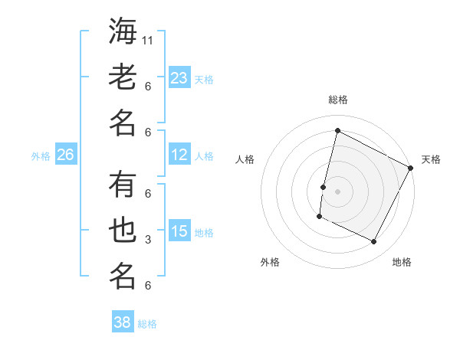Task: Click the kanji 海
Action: [x=123, y=32]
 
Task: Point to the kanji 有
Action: [x=123, y=185]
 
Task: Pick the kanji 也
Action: [x=123, y=230]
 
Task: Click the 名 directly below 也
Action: [x=123, y=275]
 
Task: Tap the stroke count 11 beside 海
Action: [x=149, y=40]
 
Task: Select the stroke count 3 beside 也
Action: [x=148, y=240]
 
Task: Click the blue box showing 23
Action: [x=179, y=78]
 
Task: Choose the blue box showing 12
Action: [x=179, y=155]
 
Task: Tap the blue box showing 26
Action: [x=65, y=155]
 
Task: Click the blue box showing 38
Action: [x=123, y=322]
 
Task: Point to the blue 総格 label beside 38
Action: [x=147, y=324]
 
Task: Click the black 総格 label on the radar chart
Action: [x=337, y=100]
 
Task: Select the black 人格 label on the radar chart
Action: [x=245, y=159]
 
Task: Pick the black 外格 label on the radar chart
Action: [x=270, y=262]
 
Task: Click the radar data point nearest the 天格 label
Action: [x=411, y=169]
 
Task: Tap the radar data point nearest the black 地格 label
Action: [x=374, y=242]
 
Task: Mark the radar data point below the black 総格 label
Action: [x=337, y=130]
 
